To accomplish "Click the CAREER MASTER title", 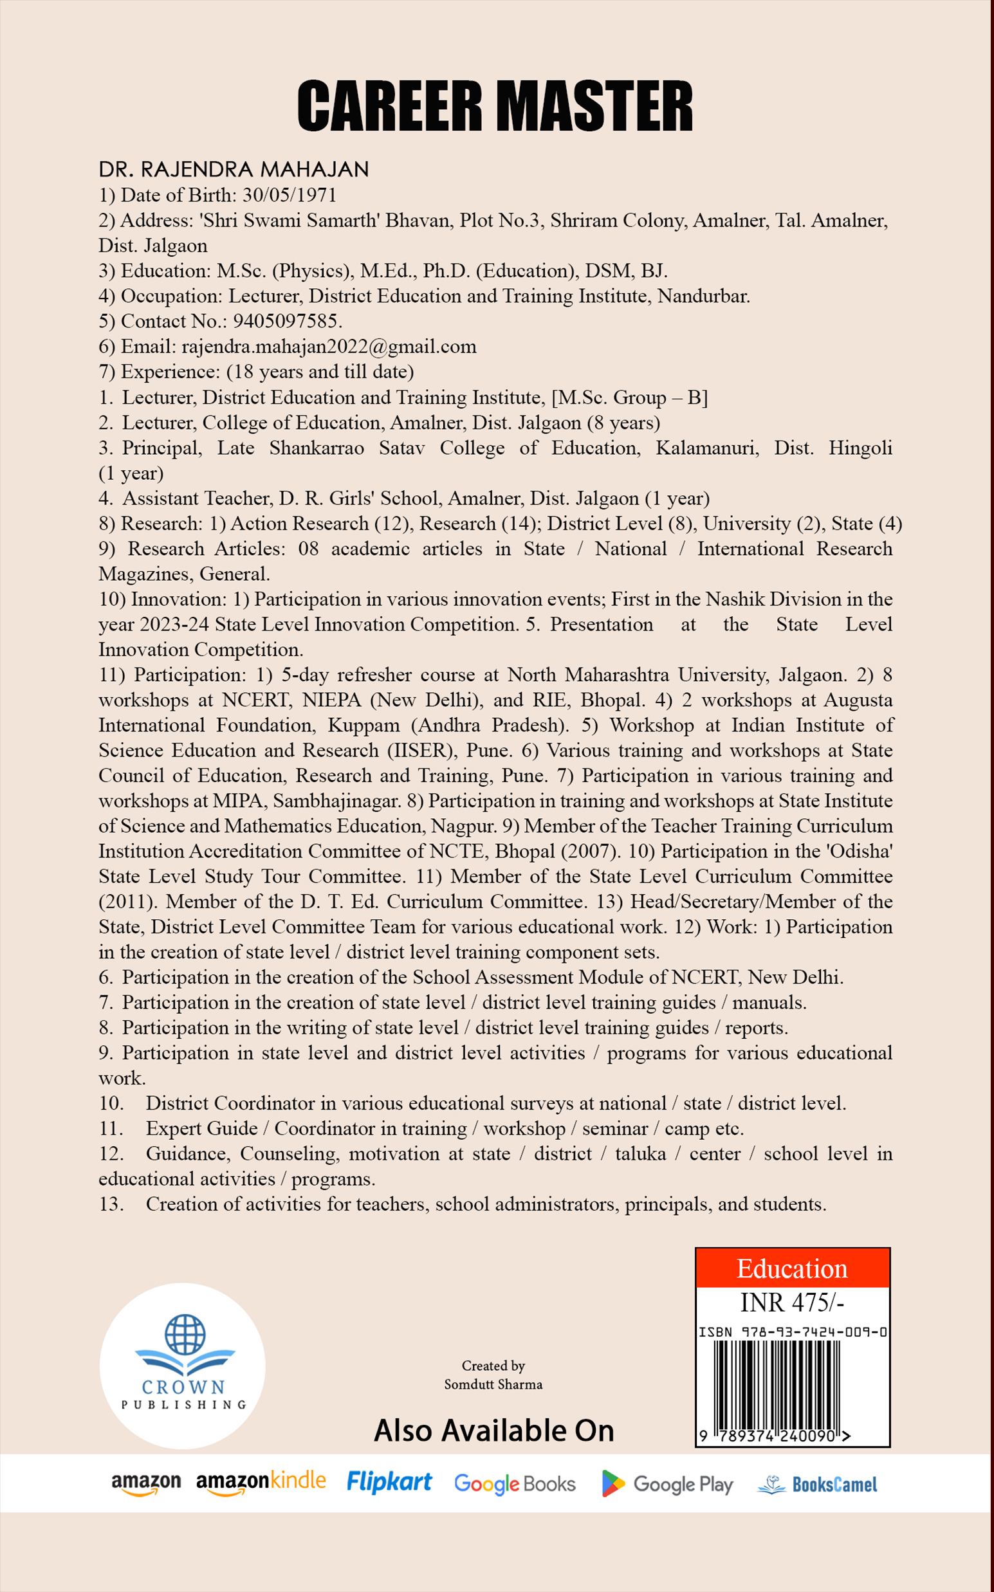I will click(495, 107).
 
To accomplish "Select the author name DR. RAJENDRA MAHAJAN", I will click(234, 170).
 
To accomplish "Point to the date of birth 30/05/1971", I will click(290, 195).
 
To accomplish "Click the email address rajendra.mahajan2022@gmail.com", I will click(329, 347).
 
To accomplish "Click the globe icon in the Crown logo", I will click(185, 1333).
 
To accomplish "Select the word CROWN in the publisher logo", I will click(183, 1387).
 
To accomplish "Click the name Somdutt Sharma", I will click(493, 1384).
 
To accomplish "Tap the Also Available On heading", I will click(493, 1431).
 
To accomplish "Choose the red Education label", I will click(792, 1268).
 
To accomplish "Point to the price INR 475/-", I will click(792, 1302).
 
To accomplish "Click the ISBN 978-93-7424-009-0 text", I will click(792, 1331).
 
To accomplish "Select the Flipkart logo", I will click(389, 1483).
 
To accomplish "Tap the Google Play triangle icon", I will click(612, 1483).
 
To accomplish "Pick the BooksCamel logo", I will click(817, 1484).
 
